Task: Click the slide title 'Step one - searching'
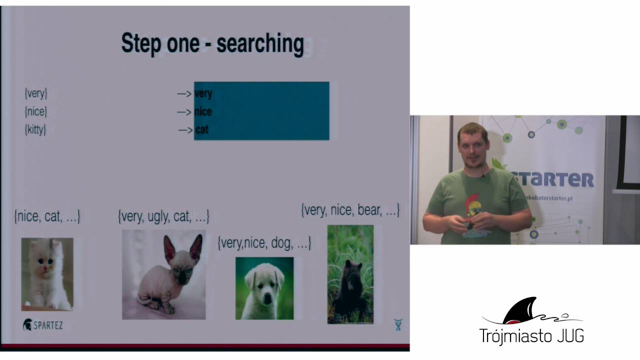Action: (x=212, y=44)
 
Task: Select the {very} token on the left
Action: (x=36, y=93)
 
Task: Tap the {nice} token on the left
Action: (x=36, y=111)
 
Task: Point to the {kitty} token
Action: (x=35, y=129)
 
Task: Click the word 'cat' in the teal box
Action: (x=202, y=130)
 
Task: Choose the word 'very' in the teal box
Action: (x=203, y=93)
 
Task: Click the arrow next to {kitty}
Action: (x=185, y=130)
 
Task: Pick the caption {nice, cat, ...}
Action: (x=47, y=216)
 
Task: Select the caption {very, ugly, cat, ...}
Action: (x=163, y=216)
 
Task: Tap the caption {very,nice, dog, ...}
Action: (x=264, y=243)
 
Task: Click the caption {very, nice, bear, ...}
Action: (x=350, y=210)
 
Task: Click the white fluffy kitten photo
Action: (x=47, y=274)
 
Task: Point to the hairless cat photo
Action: (x=163, y=274)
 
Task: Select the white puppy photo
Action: (x=264, y=288)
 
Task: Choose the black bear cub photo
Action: (x=350, y=274)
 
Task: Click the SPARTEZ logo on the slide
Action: (x=43, y=325)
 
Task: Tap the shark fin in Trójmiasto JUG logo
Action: (x=520, y=310)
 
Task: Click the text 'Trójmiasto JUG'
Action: (x=531, y=335)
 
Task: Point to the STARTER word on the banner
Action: (x=555, y=179)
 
